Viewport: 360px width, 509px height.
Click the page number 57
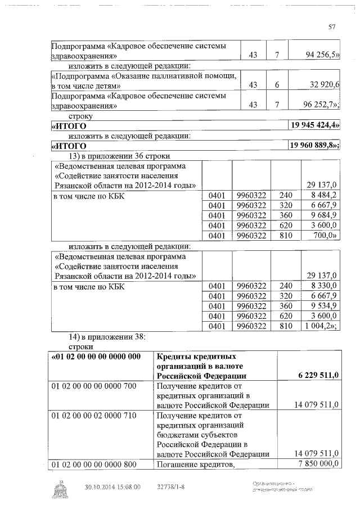point(332,26)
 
